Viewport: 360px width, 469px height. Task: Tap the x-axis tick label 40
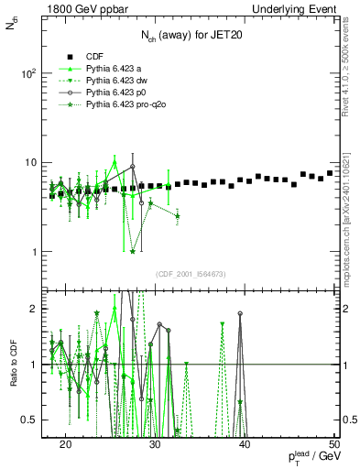tap(245, 444)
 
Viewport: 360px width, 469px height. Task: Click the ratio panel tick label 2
tap(38, 309)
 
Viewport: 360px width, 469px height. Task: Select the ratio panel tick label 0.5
tap(35, 420)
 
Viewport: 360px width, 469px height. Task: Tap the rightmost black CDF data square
tap(330, 173)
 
